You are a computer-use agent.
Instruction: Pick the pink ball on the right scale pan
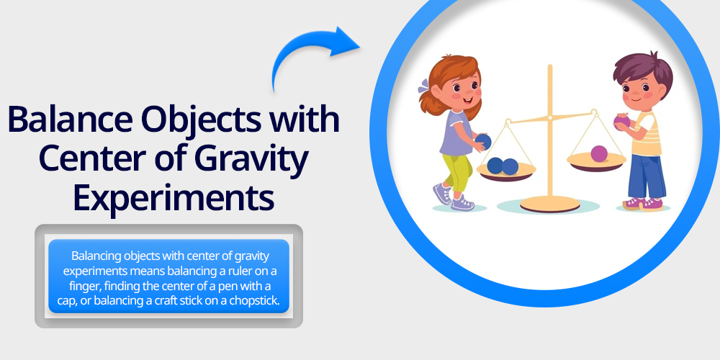599,153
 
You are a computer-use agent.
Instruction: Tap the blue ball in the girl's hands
483,142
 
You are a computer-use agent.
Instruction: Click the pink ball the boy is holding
622,121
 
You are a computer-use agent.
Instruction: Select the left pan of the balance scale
506,172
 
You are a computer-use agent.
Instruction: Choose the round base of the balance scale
550,204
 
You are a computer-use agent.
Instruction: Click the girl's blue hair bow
423,86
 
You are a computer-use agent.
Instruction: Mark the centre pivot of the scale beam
549,117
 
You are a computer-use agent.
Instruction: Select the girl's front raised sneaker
442,194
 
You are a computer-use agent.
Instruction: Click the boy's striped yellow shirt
647,134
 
